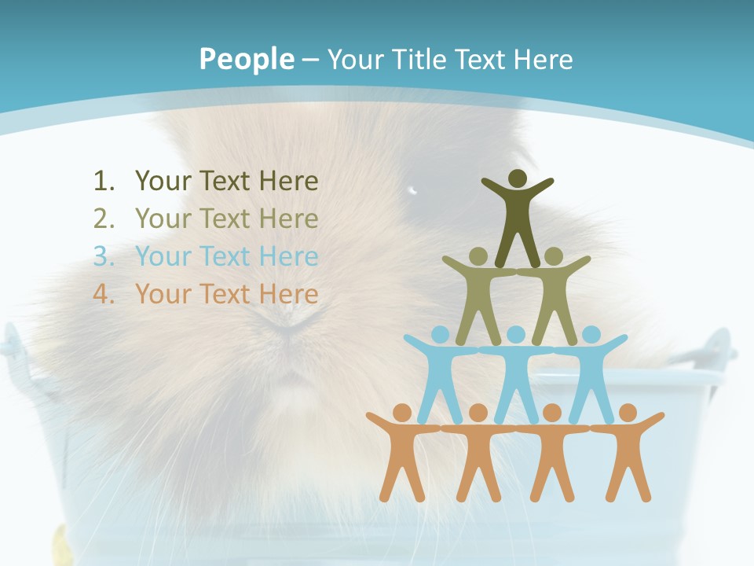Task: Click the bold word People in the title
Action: pyautogui.click(x=246, y=59)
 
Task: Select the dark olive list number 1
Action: pyautogui.click(x=104, y=182)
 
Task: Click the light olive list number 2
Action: pyautogui.click(x=104, y=219)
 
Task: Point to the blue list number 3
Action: pyautogui.click(x=104, y=257)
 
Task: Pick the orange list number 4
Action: pyautogui.click(x=104, y=295)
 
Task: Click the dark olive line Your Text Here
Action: pyautogui.click(x=226, y=182)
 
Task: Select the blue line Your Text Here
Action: pyautogui.click(x=226, y=257)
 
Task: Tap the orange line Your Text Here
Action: pyautogui.click(x=226, y=295)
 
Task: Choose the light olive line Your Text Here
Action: pyautogui.click(x=226, y=219)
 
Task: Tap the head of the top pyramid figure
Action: pyautogui.click(x=518, y=178)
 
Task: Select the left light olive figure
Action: pyautogui.click(x=478, y=295)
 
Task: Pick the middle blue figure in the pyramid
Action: pyautogui.click(x=516, y=373)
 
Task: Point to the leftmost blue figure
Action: pyautogui.click(x=440, y=373)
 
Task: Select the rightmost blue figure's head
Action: pyautogui.click(x=591, y=335)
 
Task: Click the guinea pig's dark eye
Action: pyautogui.click(x=413, y=190)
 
